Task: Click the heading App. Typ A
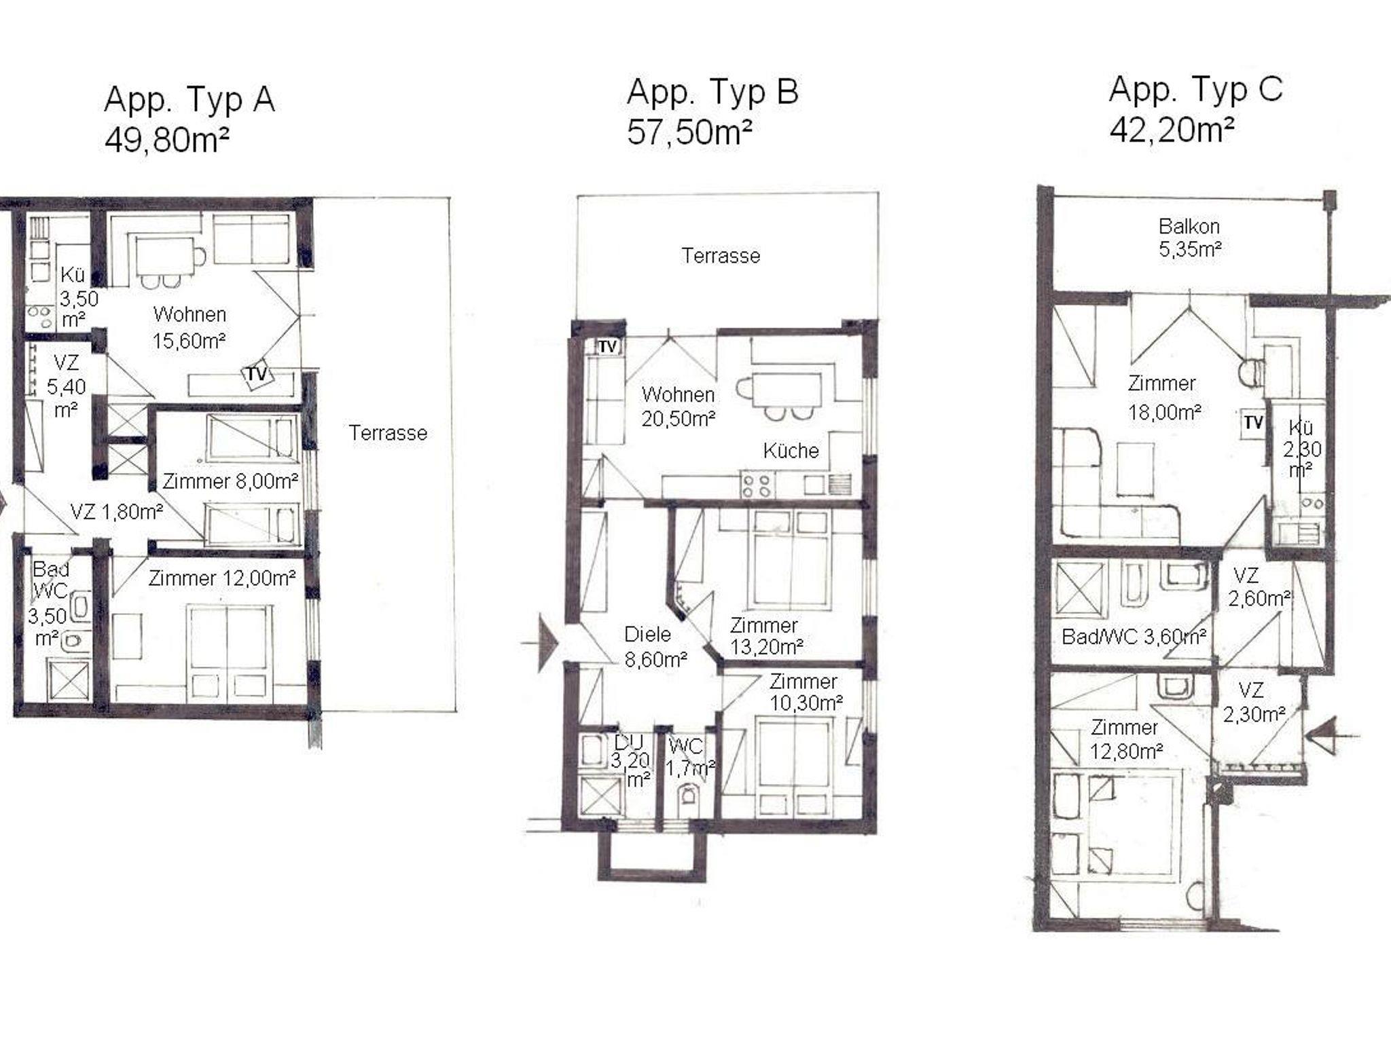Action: (x=189, y=100)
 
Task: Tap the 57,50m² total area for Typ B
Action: (x=689, y=132)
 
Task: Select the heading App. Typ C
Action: (x=1195, y=90)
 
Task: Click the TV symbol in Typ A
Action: (x=256, y=374)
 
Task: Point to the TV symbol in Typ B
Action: (x=608, y=347)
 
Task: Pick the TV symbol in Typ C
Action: (x=1253, y=423)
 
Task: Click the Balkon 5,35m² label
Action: (x=1189, y=237)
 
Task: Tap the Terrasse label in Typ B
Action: (x=721, y=256)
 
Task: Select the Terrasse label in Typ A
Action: (x=388, y=433)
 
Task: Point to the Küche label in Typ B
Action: (x=791, y=451)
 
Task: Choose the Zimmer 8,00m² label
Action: (x=230, y=481)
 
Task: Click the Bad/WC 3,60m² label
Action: (x=1134, y=637)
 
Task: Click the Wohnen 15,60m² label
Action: (x=189, y=327)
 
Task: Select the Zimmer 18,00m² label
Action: (x=1163, y=398)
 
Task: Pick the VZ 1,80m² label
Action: (x=117, y=511)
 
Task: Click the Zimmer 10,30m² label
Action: (x=806, y=692)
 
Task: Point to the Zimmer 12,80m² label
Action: (x=1126, y=739)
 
